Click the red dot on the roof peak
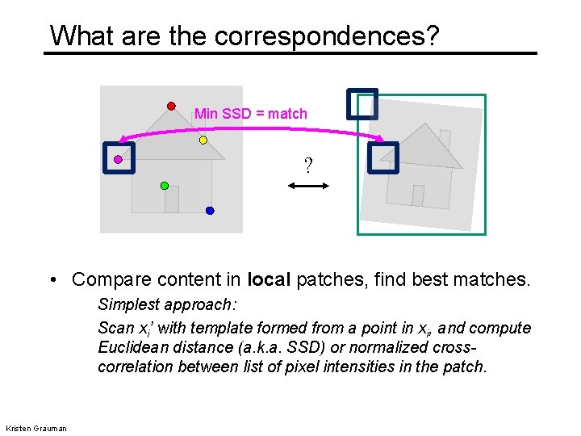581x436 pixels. [x=171, y=105]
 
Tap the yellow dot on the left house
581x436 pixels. [x=203, y=140]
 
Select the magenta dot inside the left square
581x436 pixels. [x=118, y=160]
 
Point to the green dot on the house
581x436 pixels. [x=165, y=186]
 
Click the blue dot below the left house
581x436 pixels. [x=210, y=211]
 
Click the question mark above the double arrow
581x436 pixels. [x=308, y=166]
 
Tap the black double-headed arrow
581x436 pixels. [x=308, y=187]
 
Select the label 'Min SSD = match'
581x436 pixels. [x=251, y=114]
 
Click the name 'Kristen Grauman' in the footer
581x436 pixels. [x=36, y=427]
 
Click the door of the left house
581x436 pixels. [x=171, y=199]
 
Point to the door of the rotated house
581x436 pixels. [x=417, y=195]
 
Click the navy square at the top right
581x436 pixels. [x=362, y=103]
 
